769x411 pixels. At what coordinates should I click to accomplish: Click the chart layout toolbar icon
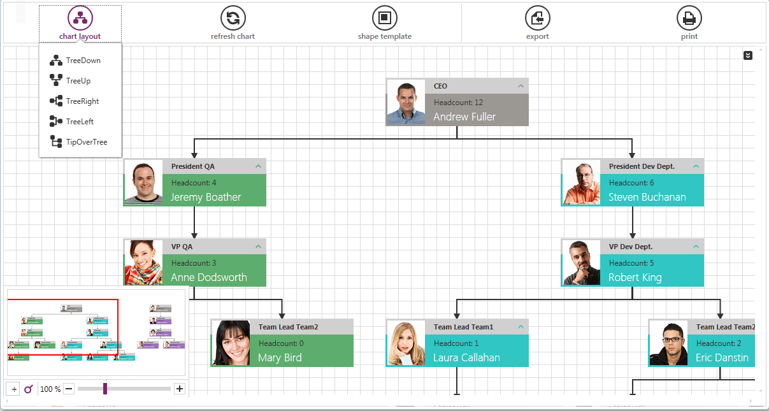80,18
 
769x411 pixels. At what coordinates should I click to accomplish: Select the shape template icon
384,18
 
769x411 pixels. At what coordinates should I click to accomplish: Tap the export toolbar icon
537,18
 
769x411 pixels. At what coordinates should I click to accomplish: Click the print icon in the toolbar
689,18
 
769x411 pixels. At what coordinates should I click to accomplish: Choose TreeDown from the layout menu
83,61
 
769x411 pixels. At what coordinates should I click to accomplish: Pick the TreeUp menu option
78,81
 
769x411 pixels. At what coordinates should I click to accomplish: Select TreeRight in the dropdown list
82,101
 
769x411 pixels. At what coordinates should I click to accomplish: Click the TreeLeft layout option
80,122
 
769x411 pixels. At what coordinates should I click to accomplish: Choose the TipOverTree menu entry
87,142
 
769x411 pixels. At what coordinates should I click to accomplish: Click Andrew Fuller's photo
406,103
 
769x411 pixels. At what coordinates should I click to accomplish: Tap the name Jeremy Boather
206,198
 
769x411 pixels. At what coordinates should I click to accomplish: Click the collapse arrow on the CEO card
521,86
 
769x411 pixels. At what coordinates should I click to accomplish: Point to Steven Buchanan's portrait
581,183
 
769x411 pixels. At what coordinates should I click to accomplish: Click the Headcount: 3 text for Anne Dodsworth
194,263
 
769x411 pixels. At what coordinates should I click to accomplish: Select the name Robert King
635,278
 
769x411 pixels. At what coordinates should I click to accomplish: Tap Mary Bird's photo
231,343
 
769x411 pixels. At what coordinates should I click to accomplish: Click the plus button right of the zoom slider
180,389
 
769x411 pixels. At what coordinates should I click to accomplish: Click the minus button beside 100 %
69,389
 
